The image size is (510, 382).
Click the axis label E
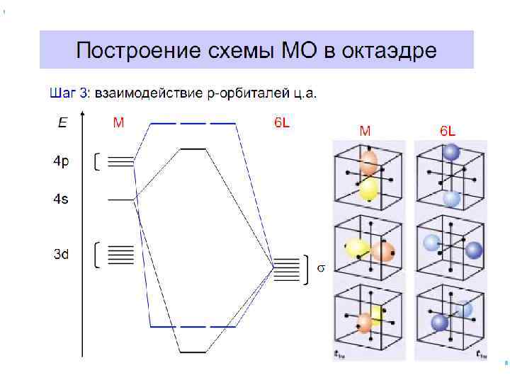click(62, 123)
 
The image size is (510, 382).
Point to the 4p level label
click(62, 162)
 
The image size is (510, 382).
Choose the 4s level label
click(62, 200)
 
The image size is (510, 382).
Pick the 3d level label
click(62, 254)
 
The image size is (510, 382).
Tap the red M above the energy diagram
click(118, 122)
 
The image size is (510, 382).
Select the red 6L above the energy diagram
click(281, 122)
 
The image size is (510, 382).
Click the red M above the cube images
click(365, 131)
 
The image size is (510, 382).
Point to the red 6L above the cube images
click(448, 131)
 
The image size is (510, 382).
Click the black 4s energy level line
click(120, 199)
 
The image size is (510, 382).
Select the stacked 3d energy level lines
click(120, 254)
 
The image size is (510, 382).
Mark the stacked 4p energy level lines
click(120, 161)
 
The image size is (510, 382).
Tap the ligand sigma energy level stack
click(287, 267)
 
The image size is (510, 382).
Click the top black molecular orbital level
click(193, 149)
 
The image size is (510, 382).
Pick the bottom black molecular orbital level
click(193, 352)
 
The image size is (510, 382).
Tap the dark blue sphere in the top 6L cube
click(450, 152)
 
